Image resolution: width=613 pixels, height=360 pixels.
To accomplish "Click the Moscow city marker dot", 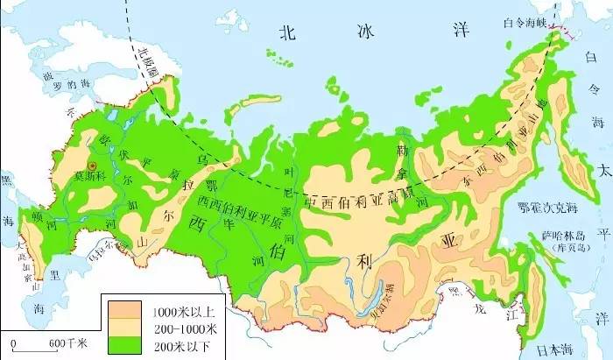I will (90, 164).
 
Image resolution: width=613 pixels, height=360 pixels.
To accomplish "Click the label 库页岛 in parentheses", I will (557, 250).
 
